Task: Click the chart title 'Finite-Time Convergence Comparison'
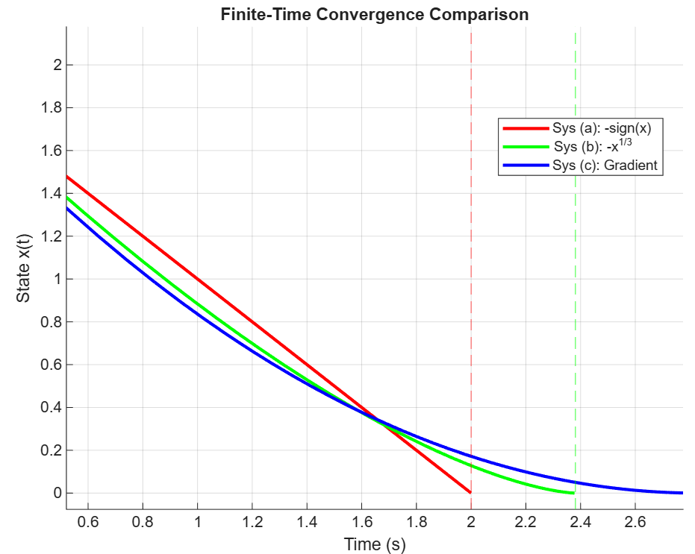tap(374, 14)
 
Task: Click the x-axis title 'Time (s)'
tap(375, 544)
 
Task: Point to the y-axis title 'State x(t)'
tap(24, 268)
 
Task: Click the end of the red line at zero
tap(470, 492)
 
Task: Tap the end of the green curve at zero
tap(573, 493)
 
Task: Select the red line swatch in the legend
tap(525, 127)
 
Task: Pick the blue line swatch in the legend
tap(525, 166)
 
